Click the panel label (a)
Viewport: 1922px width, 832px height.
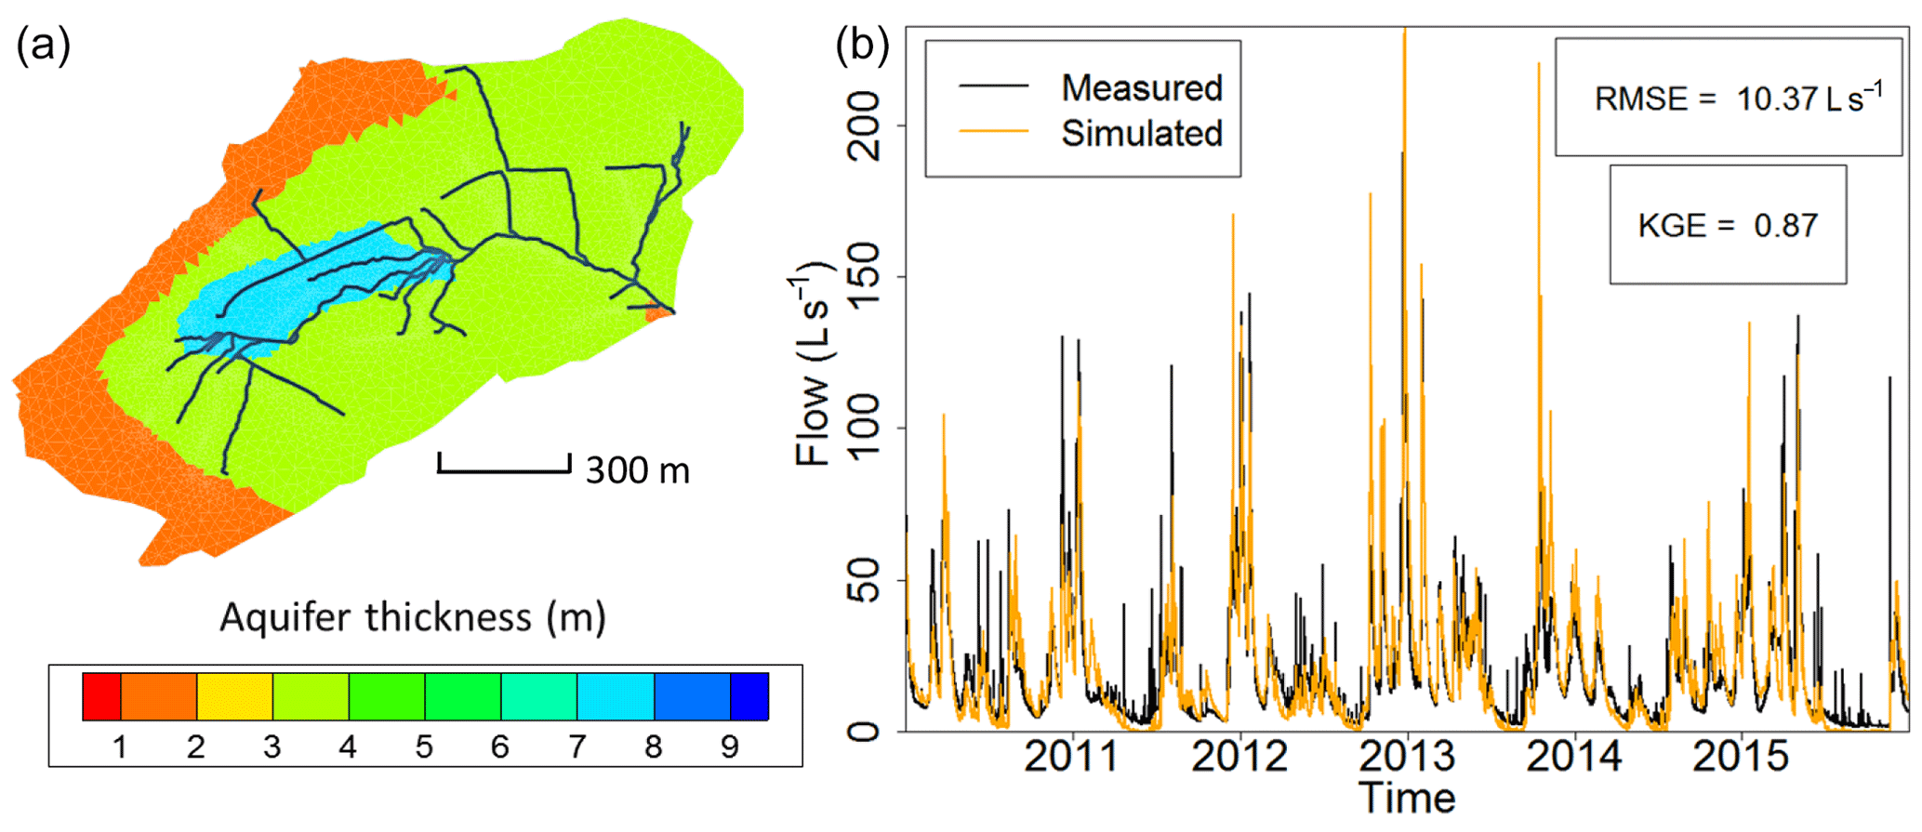(x=43, y=45)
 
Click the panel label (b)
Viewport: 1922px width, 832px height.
(x=862, y=45)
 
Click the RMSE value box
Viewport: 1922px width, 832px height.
(x=1728, y=98)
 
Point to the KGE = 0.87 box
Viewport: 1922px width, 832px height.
(x=1728, y=225)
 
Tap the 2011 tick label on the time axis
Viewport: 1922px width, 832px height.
(x=1072, y=757)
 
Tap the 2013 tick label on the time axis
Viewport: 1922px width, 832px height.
(x=1407, y=757)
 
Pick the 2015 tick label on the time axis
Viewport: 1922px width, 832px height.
(x=1740, y=757)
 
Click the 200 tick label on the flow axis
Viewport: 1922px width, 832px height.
(x=865, y=125)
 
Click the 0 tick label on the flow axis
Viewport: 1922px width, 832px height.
(x=865, y=732)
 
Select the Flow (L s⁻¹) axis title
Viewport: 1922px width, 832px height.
(x=813, y=364)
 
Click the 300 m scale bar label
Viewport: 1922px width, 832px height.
(x=638, y=471)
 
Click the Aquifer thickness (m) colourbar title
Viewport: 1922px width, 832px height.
(x=413, y=617)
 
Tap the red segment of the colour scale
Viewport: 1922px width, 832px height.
(x=101, y=696)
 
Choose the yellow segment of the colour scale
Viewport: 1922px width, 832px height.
(x=234, y=696)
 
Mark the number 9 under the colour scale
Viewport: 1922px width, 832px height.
(x=730, y=746)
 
